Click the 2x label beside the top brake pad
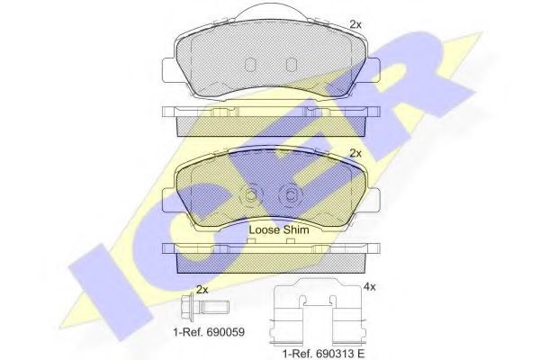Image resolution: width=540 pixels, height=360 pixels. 355,23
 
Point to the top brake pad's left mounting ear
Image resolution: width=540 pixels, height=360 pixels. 170,68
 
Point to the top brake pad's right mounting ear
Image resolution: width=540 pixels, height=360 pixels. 370,68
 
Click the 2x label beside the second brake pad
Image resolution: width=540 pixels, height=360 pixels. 355,154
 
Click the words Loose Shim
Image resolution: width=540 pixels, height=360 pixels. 278,230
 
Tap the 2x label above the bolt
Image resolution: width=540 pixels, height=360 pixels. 202,290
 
